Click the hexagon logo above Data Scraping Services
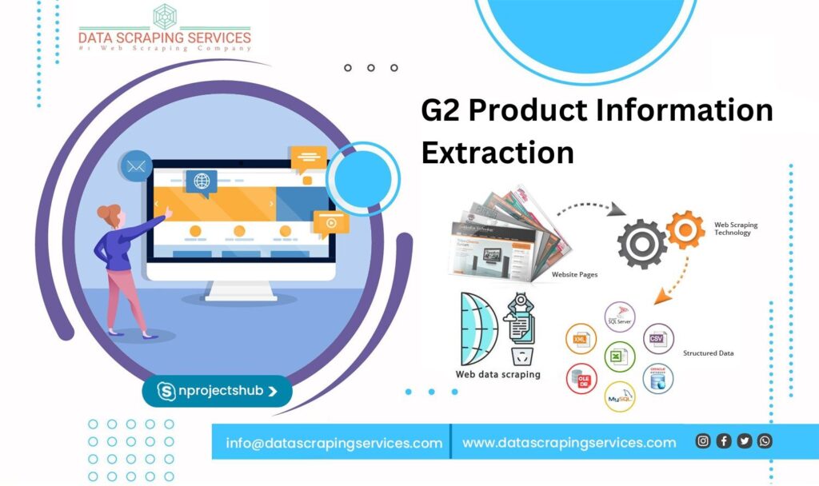[x=164, y=16]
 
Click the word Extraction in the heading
[x=497, y=151]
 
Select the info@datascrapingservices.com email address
[x=334, y=442]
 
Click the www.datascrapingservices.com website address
[x=569, y=442]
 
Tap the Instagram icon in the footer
[x=703, y=440]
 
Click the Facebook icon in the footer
[x=724, y=440]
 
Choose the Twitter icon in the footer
[x=745, y=440]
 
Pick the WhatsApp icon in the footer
[x=765, y=440]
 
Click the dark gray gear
[x=641, y=243]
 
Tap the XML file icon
[x=581, y=339]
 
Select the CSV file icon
[x=657, y=338]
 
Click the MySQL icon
[x=619, y=396]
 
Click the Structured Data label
[x=708, y=353]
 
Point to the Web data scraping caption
[x=497, y=374]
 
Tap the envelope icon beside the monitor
[x=135, y=167]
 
